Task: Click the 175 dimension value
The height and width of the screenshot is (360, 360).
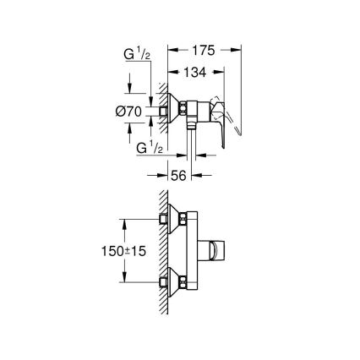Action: tap(203, 50)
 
